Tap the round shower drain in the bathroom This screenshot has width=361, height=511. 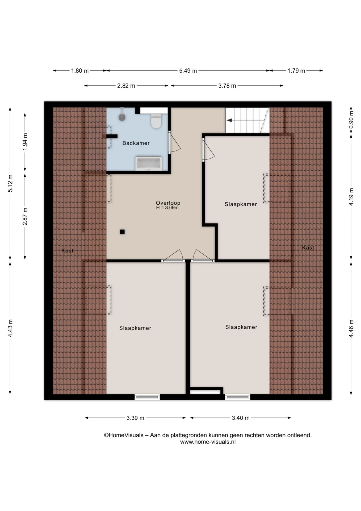pyautogui.click(x=122, y=117)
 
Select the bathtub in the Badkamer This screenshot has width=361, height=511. pyautogui.click(x=149, y=163)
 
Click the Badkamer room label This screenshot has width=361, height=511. pyautogui.click(x=136, y=143)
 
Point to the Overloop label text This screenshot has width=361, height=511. pyautogui.click(x=168, y=203)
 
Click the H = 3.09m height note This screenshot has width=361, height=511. pyautogui.click(x=167, y=208)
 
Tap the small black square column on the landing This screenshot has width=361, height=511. pyautogui.click(x=122, y=232)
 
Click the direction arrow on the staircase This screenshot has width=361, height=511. pyautogui.click(x=229, y=120)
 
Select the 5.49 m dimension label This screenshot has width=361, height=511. pyautogui.click(x=188, y=71)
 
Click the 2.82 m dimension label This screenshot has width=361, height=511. pyautogui.click(x=126, y=86)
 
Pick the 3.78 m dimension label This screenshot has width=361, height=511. pyautogui.click(x=227, y=86)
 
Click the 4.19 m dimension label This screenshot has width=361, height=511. pyautogui.click(x=351, y=197)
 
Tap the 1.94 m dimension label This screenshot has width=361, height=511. pyautogui.click(x=25, y=141)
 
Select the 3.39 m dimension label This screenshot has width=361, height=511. pyautogui.click(x=135, y=418)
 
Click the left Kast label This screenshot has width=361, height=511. pyautogui.click(x=67, y=250)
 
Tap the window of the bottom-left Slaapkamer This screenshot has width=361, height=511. pyautogui.click(x=147, y=397)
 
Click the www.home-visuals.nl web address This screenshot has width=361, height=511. pyautogui.click(x=208, y=442)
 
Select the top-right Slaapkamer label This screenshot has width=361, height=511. pyautogui.click(x=241, y=204)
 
